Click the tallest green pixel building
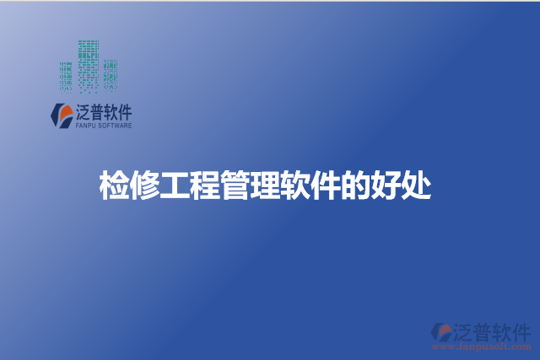click(x=89, y=64)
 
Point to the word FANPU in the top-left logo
click(x=88, y=126)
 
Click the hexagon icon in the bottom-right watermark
click(x=441, y=332)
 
